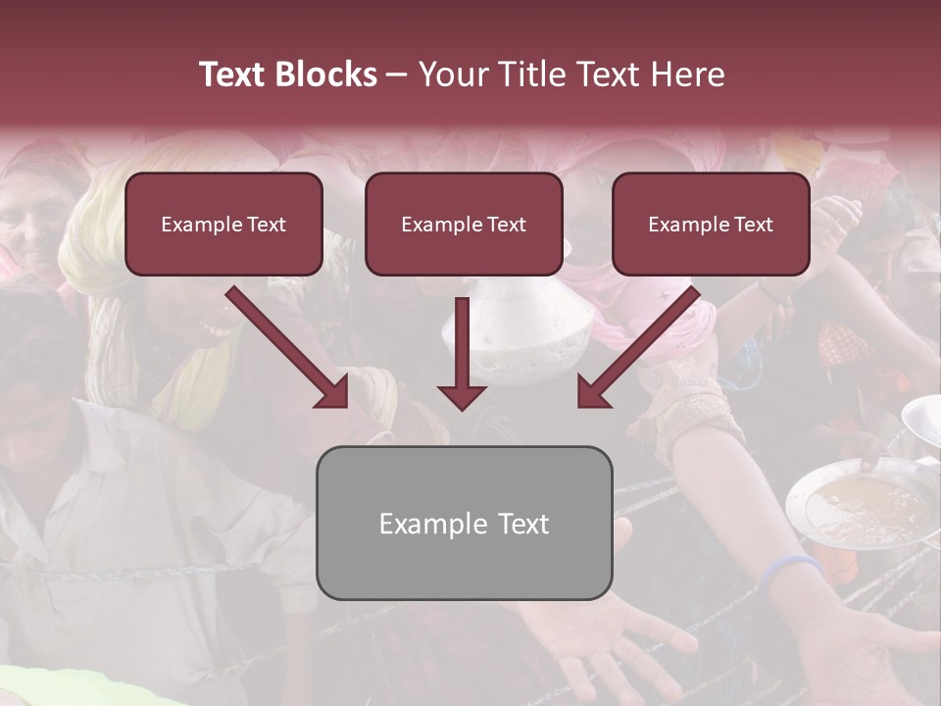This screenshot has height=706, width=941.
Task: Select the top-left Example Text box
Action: (223, 225)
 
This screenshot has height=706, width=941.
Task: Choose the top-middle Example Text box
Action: (464, 225)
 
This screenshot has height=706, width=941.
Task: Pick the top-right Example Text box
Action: (711, 225)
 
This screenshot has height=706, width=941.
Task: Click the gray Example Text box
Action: (464, 523)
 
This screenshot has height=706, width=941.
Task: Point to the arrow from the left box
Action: (289, 348)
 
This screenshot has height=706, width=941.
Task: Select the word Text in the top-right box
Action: (753, 225)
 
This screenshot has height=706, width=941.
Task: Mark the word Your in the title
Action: (452, 75)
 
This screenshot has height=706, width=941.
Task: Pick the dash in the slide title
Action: (397, 75)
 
